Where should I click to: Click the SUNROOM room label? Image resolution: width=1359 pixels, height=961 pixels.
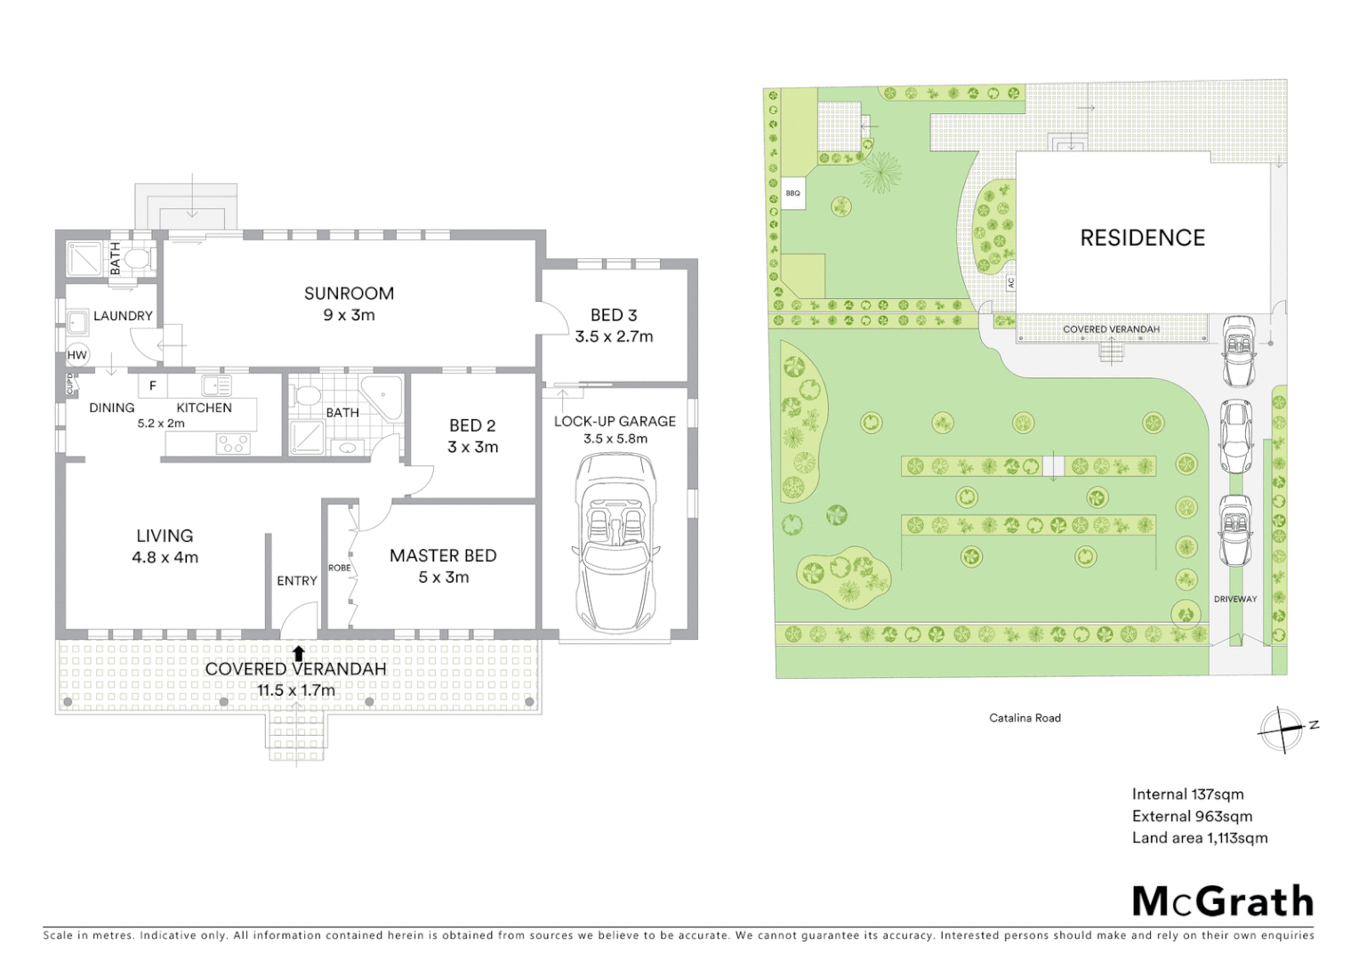point(349,294)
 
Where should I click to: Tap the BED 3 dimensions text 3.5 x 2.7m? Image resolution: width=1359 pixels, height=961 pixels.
point(614,337)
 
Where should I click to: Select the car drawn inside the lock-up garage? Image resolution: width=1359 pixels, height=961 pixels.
point(615,542)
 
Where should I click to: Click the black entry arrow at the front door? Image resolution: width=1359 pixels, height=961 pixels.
point(299,653)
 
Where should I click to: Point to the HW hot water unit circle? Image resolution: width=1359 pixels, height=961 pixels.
point(77,355)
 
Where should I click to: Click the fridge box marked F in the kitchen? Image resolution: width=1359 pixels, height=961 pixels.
point(153,386)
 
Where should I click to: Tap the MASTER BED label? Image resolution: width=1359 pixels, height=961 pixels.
point(443,555)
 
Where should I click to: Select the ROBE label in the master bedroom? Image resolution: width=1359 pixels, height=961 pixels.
point(339,568)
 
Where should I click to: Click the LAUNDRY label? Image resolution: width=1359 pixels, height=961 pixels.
point(123,316)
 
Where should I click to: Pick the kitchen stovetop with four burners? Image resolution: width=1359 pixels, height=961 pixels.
point(234,442)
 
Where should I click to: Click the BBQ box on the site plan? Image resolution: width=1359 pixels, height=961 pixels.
point(793,193)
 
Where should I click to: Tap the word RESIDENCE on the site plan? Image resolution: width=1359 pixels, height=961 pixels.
point(1142,238)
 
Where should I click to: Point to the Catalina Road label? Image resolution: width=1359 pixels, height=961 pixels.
point(1025,718)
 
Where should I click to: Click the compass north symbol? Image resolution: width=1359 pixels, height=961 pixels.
point(1283,730)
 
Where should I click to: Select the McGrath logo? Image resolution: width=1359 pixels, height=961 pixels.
point(1222,901)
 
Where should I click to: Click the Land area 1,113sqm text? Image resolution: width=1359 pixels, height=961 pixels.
point(1199,838)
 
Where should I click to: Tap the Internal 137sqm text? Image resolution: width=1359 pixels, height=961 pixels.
point(1187,795)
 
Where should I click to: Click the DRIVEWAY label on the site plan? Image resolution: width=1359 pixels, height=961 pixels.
point(1235,599)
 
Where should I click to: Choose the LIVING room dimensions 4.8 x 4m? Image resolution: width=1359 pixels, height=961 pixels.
point(165,558)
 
